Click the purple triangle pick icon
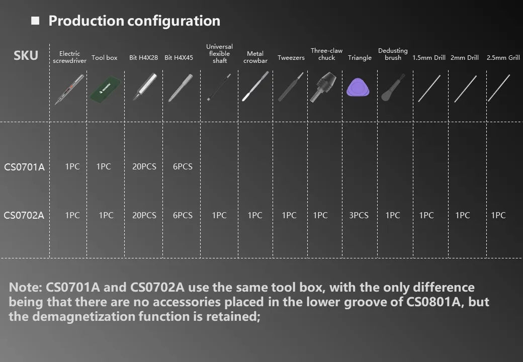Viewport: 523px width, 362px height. (x=358, y=87)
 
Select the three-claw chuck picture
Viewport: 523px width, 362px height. (x=323, y=87)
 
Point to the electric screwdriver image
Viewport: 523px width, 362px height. (x=69, y=89)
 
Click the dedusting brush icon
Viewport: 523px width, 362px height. (x=393, y=87)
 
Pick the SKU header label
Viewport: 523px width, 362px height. (x=26, y=55)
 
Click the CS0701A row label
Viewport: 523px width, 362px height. (x=24, y=166)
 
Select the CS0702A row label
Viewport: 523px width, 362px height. (x=24, y=215)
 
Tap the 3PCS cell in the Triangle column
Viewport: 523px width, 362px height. (x=359, y=215)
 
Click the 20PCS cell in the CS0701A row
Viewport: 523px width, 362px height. (x=144, y=166)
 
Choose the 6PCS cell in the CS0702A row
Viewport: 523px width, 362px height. (x=183, y=215)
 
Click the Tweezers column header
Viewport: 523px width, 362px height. (x=291, y=58)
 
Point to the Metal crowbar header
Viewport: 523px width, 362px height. (x=255, y=57)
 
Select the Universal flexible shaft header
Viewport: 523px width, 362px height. (x=219, y=54)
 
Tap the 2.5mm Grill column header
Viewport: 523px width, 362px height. (x=503, y=58)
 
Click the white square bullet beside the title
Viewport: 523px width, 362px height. (x=35, y=21)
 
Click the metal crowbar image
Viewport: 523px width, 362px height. (x=255, y=86)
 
